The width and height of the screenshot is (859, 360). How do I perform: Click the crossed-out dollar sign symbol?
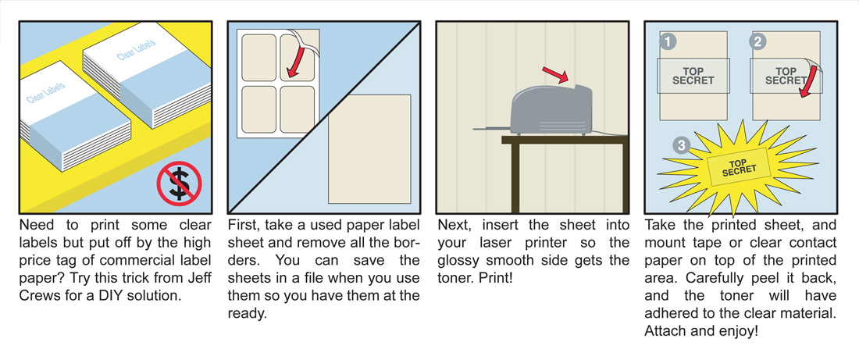(179, 184)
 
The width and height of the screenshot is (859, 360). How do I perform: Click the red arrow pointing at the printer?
(555, 76)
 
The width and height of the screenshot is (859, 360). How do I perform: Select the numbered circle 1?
(667, 41)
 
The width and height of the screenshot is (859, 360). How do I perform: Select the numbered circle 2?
(757, 41)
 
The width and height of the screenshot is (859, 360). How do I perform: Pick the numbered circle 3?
(681, 146)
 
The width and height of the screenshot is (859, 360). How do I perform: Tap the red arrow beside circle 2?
(808, 81)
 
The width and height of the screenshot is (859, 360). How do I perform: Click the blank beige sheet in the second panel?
(369, 148)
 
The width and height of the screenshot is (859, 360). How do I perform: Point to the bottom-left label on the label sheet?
(258, 109)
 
